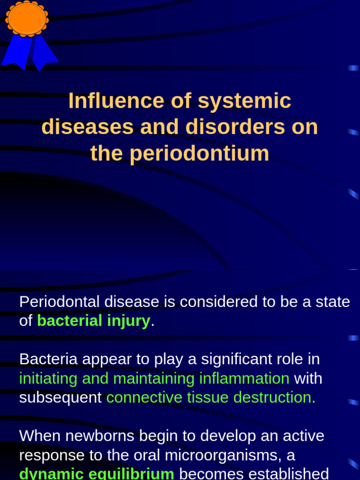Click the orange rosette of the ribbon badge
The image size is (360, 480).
[x=27, y=19]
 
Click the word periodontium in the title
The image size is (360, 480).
[x=199, y=153]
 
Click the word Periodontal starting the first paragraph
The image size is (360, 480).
[x=60, y=302]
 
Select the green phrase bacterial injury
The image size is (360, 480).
[x=93, y=321]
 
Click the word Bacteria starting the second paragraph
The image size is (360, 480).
[x=48, y=359]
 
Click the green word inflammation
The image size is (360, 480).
[x=244, y=378]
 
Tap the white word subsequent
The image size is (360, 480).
[x=60, y=397]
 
